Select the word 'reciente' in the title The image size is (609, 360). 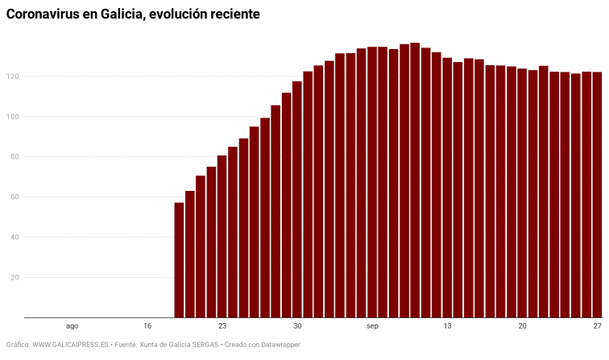[233, 15]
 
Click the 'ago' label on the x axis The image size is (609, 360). [72, 326]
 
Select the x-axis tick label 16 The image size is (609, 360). [147, 326]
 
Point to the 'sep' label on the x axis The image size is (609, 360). [372, 326]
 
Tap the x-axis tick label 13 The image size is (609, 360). [447, 326]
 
